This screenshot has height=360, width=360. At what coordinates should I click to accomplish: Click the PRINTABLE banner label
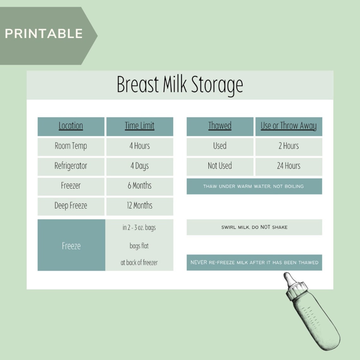[x=44, y=34]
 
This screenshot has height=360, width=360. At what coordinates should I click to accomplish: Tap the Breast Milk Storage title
[x=180, y=85]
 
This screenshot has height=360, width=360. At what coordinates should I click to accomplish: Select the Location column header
[x=71, y=126]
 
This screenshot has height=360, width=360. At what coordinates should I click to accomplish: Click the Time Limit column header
[x=140, y=126]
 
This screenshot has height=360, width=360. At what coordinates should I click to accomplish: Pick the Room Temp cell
[x=71, y=146]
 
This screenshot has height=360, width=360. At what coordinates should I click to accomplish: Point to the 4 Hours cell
[x=140, y=146]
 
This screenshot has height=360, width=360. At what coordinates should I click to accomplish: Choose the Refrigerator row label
[x=71, y=166]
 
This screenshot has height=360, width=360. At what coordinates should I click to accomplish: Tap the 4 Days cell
[x=140, y=166]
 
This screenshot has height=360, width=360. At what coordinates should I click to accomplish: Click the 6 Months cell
[x=140, y=186]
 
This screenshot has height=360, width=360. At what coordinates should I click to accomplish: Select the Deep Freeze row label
[x=71, y=206]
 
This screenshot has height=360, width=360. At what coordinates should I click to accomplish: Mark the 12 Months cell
[x=140, y=206]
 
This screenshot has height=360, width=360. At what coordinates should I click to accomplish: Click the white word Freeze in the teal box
[x=71, y=246]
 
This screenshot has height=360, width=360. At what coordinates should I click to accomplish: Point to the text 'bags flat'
[x=139, y=246]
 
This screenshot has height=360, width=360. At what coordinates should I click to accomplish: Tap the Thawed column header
[x=220, y=126]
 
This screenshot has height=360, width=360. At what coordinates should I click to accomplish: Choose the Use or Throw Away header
[x=288, y=126]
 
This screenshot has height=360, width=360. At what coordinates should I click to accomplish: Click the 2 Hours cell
[x=288, y=146]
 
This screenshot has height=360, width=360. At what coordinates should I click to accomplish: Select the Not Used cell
[x=220, y=166]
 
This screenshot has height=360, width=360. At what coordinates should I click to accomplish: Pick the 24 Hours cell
[x=288, y=166]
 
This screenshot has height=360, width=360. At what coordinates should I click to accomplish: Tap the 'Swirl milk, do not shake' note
[x=254, y=227]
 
